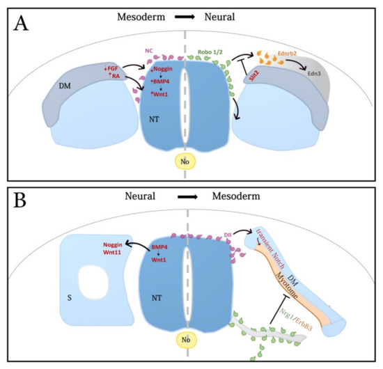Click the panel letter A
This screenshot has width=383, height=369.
[22, 28]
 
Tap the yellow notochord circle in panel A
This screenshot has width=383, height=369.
[185, 159]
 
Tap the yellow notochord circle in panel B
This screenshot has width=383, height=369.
[185, 339]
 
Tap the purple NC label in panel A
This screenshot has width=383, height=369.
[149, 50]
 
